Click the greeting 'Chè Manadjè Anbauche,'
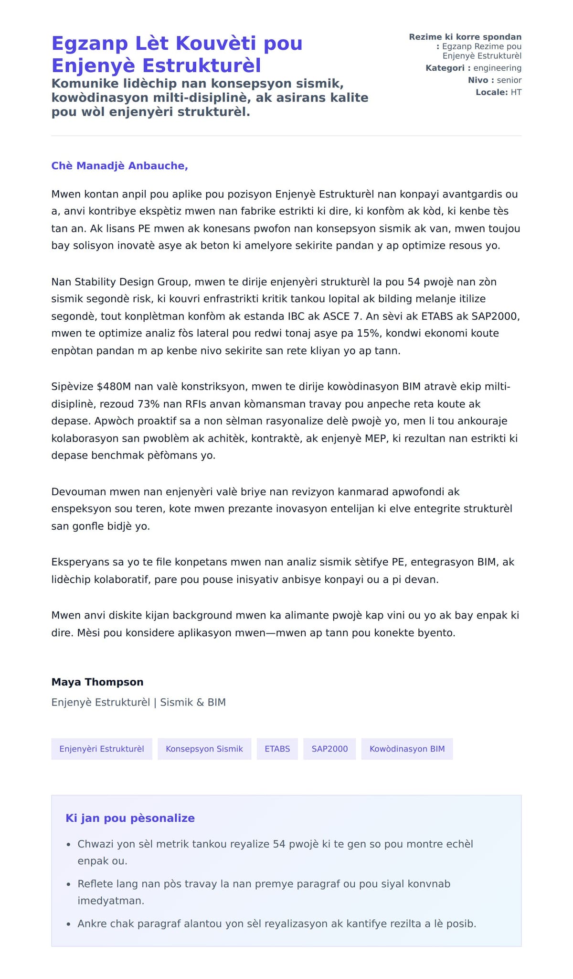(x=119, y=166)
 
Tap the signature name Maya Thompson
(x=97, y=682)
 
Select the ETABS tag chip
(x=277, y=749)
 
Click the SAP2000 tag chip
(x=329, y=749)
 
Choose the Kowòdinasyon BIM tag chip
(x=407, y=749)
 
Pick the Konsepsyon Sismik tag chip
(x=204, y=749)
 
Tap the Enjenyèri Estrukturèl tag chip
(x=102, y=749)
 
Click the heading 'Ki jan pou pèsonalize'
(x=130, y=818)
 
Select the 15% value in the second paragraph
(x=368, y=333)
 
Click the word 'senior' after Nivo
(x=509, y=80)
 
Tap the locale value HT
(x=516, y=92)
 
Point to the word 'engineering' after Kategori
(x=497, y=68)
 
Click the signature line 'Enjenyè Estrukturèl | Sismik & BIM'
(x=138, y=702)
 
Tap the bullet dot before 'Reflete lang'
(x=69, y=885)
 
